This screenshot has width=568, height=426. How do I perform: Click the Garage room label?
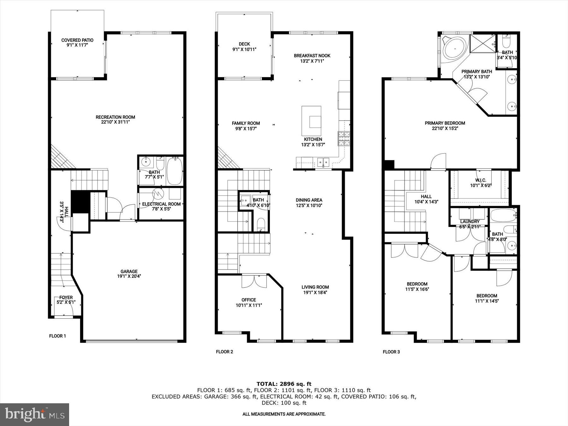coord(129,271)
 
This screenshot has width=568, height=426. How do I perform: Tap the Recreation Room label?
coord(115,117)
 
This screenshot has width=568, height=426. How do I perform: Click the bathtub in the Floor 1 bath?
coord(174,171)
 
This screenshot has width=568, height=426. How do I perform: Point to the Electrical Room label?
coord(161,204)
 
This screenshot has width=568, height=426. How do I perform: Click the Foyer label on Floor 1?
coord(66,297)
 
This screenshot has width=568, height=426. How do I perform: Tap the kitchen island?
coord(311,121)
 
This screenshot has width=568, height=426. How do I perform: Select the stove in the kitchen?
coord(344,139)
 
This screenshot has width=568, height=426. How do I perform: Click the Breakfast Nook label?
coord(312,56)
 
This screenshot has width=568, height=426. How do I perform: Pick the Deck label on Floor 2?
coord(244,44)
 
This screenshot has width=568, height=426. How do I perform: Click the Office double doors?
coord(254,281)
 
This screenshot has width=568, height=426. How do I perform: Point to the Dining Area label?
coord(309,200)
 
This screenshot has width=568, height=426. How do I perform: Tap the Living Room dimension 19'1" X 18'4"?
coord(315,293)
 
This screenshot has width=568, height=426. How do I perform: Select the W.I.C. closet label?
coord(481,180)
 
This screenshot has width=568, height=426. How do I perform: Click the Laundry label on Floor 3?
coord(470,222)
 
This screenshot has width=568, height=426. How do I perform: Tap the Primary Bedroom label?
coord(445,123)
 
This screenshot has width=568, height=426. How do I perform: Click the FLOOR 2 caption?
coord(224,352)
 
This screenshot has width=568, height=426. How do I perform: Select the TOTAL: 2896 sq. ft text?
coord(284,384)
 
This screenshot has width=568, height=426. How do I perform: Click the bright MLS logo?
coord(34,414)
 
